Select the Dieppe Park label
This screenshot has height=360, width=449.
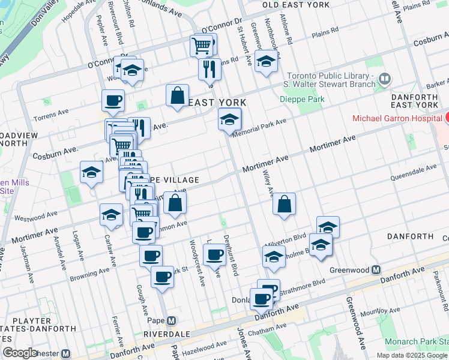click(303, 99)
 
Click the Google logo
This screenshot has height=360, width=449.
click(20, 353)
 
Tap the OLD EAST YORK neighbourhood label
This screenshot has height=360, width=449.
click(297, 5)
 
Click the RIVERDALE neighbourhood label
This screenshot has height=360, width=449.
click(166, 334)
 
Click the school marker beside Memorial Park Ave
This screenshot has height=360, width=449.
click(229, 119)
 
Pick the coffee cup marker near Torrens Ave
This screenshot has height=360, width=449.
click(112, 100)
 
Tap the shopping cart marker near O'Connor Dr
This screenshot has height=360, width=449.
click(202, 44)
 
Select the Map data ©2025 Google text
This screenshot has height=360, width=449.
click(412, 355)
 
